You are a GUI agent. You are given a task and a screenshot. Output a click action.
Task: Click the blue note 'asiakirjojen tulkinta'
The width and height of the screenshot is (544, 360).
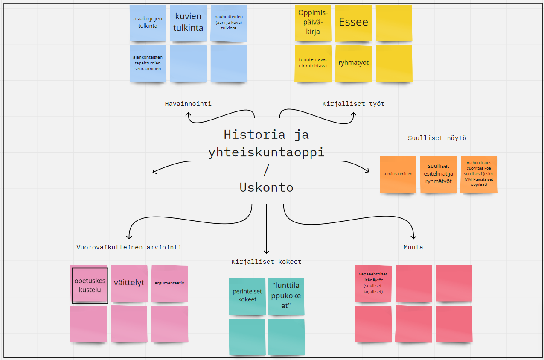pyautogui.click(x=148, y=23)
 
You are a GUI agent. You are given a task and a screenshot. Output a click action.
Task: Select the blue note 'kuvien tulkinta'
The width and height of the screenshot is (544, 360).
pyautogui.click(x=188, y=23)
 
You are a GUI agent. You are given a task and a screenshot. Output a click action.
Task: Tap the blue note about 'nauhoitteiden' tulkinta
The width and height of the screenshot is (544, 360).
pyautogui.click(x=229, y=23)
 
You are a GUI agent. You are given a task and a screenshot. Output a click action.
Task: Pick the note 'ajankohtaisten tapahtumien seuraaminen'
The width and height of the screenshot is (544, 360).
pyautogui.click(x=148, y=63)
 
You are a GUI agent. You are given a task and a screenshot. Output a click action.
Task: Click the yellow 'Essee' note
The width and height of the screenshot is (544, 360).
pyautogui.click(x=353, y=23)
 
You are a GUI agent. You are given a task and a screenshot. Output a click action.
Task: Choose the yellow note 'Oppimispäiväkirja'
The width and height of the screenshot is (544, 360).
pyautogui.click(x=313, y=23)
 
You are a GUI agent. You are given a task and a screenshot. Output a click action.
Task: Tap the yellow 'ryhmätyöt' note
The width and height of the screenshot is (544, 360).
pyautogui.click(x=353, y=63)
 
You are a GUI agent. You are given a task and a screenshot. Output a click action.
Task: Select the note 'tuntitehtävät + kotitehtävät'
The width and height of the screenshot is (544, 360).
pyautogui.click(x=313, y=63)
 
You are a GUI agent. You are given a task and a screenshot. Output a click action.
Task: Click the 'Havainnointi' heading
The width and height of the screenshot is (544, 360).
pyautogui.click(x=188, y=104)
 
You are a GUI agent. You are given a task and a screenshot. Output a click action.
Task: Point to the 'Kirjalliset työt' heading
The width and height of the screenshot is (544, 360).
pyautogui.click(x=353, y=104)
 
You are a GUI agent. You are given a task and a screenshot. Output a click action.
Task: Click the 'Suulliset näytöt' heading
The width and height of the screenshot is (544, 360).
pyautogui.click(x=439, y=138)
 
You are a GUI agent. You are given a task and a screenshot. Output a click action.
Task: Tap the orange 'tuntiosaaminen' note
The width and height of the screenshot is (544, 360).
pyautogui.click(x=398, y=174)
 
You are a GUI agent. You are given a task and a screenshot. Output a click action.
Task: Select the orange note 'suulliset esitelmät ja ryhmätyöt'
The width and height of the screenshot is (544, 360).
pyautogui.click(x=438, y=174)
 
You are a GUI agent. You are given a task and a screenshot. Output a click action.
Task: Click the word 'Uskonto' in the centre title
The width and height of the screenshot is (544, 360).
pyautogui.click(x=266, y=187)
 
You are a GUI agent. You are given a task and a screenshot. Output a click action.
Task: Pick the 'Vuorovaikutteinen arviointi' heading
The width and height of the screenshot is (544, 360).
pyautogui.click(x=129, y=247)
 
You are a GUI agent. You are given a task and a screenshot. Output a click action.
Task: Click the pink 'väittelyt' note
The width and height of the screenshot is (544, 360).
pyautogui.click(x=129, y=283)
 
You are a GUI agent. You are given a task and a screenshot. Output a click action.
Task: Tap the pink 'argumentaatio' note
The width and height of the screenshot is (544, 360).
pyautogui.click(x=169, y=283)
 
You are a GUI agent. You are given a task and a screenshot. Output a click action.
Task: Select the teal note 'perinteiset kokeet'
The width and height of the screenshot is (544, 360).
pyautogui.click(x=247, y=296)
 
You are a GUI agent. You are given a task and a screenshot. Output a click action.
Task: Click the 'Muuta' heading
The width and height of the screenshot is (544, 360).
pyautogui.click(x=413, y=247)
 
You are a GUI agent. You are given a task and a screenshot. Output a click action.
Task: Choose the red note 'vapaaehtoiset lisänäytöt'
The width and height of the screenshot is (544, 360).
pyautogui.click(x=373, y=284)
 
